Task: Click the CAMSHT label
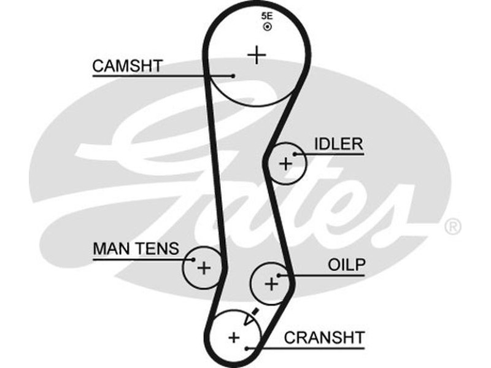pyautogui.click(x=128, y=66)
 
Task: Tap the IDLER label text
pyautogui.click(x=338, y=144)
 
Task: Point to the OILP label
pyautogui.click(x=346, y=265)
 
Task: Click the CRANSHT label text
pyautogui.click(x=324, y=337)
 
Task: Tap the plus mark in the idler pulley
pyautogui.click(x=285, y=164)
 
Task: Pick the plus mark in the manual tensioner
pyautogui.click(x=204, y=267)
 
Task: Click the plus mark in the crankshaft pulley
pyautogui.click(x=234, y=337)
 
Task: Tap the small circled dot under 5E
pyautogui.click(x=266, y=28)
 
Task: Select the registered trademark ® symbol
pyautogui.click(x=452, y=227)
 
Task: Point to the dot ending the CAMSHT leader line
pyautogui.click(x=233, y=76)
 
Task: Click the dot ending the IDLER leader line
pyautogui.click(x=296, y=154)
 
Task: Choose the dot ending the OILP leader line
pyautogui.click(x=280, y=275)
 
